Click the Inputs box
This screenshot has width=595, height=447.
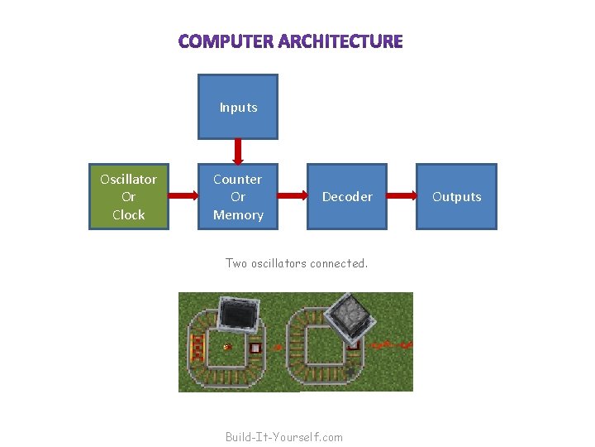238,107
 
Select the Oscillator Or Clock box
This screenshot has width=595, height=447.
128,197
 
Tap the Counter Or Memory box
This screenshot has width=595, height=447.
238,197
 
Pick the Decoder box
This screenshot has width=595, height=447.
347,197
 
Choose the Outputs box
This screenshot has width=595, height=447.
456,197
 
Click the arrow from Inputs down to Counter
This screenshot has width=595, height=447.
238,151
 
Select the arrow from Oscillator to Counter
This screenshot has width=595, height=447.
183,196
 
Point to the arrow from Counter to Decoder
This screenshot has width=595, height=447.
292,196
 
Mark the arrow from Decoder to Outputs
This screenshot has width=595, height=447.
402,196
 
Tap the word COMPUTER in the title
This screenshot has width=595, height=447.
226,41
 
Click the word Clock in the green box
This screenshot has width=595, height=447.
128,214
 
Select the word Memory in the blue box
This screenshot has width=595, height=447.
238,214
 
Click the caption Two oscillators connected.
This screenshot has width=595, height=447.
296,263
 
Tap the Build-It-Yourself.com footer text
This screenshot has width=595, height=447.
283,436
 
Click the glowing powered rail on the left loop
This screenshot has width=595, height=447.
197,345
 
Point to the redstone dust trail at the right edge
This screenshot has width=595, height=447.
393,343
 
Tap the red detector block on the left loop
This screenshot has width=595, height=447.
255,348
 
